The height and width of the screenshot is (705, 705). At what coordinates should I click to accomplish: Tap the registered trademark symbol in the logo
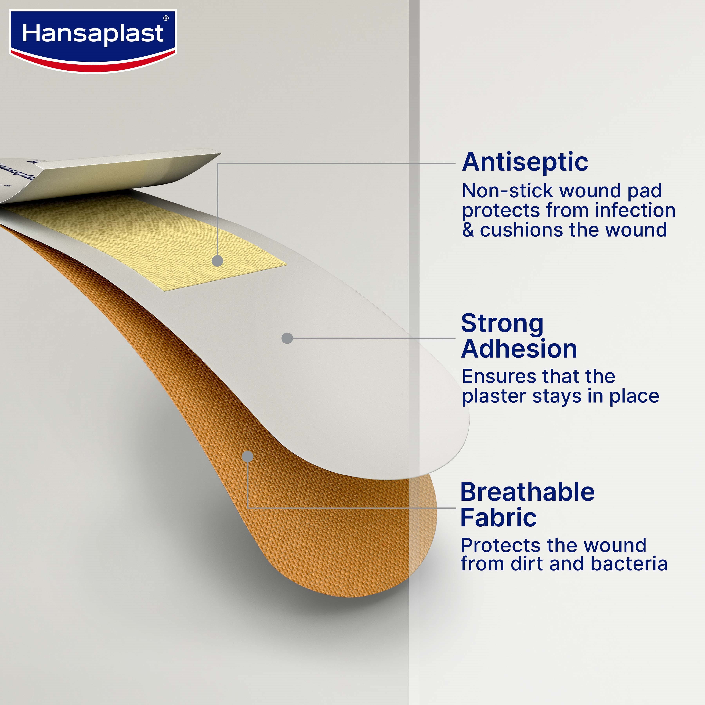[166, 18]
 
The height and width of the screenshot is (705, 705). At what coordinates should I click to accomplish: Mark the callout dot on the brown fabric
[248, 456]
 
